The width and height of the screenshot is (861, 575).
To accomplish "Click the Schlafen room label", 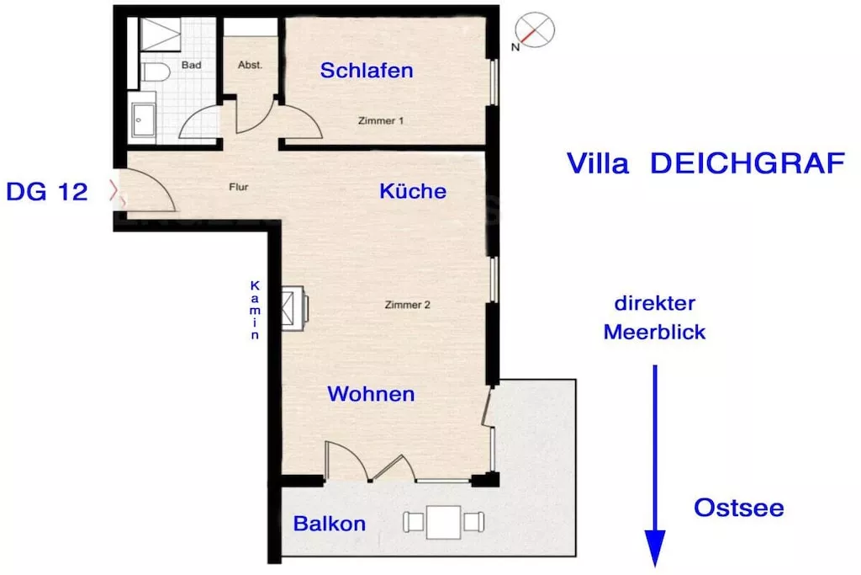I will [367, 70].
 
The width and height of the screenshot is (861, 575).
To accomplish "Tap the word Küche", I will [413, 191].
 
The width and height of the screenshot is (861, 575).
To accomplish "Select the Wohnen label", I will [371, 393].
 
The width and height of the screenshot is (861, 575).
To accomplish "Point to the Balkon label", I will [330, 524].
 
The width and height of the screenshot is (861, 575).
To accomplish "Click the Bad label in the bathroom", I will [191, 65].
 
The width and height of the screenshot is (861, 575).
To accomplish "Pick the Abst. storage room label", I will [250, 65].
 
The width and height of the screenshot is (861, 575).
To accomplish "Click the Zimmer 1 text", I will [381, 121].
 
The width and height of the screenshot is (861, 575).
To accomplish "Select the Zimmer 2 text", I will [408, 305].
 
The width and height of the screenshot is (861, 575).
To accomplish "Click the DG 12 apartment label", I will [47, 192].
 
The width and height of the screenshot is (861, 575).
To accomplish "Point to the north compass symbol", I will [535, 30].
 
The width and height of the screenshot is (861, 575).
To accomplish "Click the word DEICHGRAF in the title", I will [747, 163].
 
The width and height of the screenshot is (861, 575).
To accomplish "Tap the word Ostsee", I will [739, 508].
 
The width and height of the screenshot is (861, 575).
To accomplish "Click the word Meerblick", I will [654, 333].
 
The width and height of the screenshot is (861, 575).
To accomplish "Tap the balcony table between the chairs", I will [444, 522].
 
